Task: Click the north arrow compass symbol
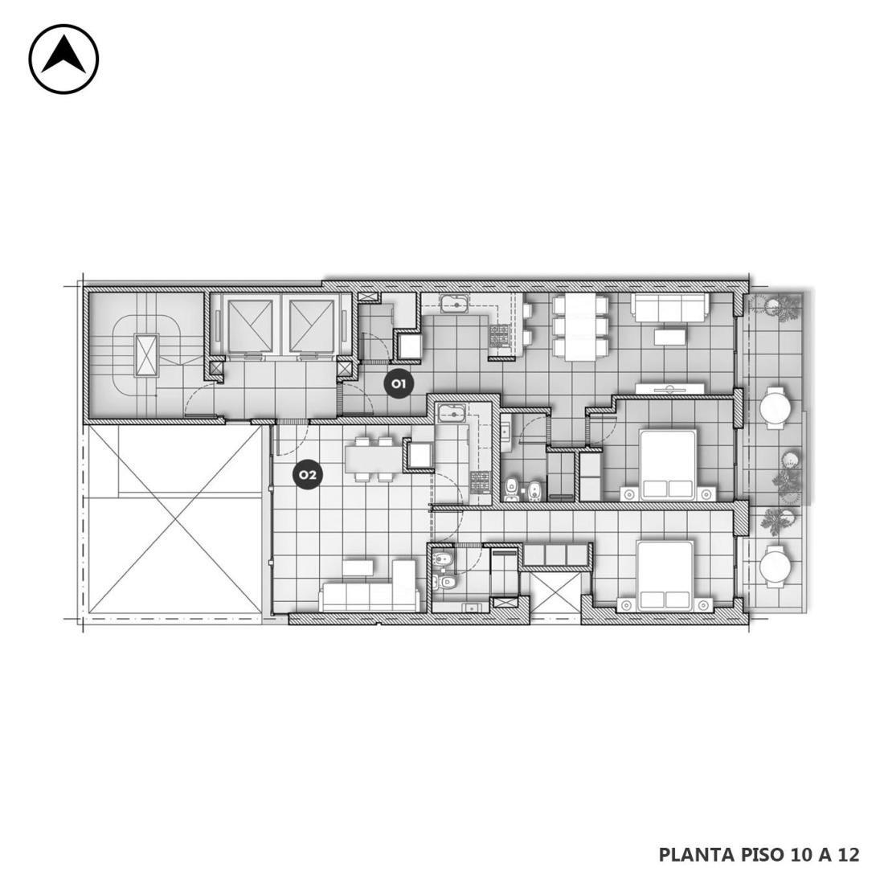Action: pos(63,59)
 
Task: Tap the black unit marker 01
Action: pos(399,384)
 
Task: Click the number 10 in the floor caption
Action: pos(798,855)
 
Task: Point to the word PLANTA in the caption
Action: pos(695,855)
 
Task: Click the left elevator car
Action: pos(248,325)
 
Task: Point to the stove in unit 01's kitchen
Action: pos(499,338)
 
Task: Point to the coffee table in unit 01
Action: pos(670,337)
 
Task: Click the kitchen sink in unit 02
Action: pos(451,414)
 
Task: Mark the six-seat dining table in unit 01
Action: pos(580,327)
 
